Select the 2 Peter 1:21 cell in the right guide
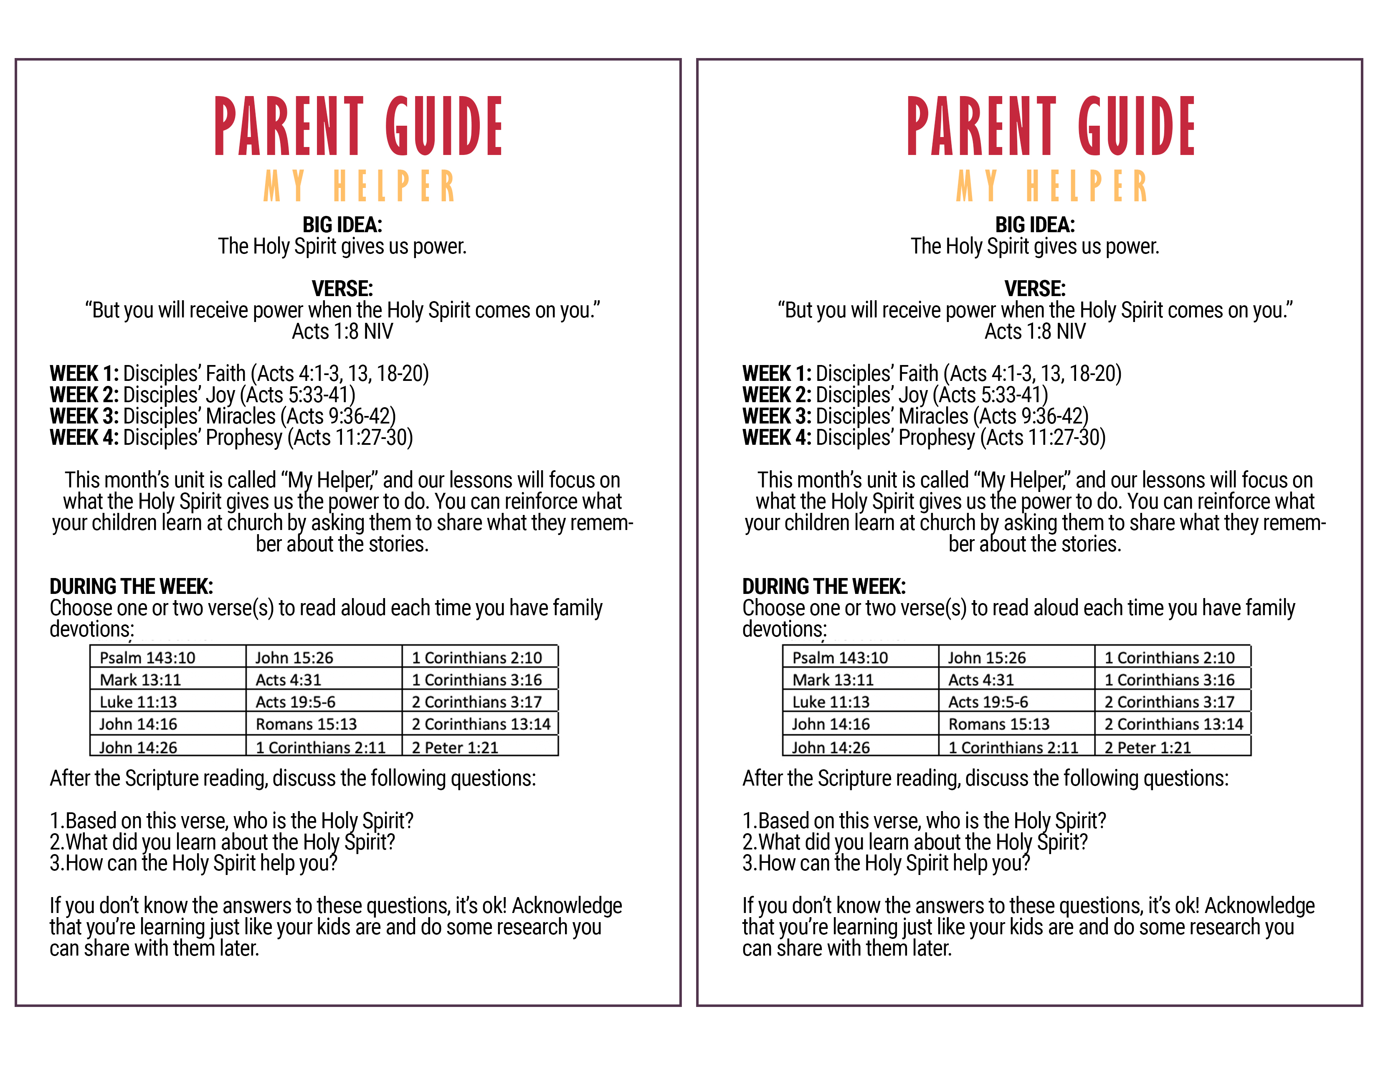[1147, 748]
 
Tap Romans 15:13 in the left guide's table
[306, 724]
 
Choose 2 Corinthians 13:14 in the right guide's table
[1173, 724]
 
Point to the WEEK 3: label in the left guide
[84, 416]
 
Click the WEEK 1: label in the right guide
[777, 373]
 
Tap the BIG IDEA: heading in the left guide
[342, 225]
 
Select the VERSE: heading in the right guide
[1035, 288]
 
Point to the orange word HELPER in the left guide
[394, 186]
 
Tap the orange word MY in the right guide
[977, 186]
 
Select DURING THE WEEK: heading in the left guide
[131, 586]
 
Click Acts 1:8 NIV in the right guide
[1035, 331]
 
